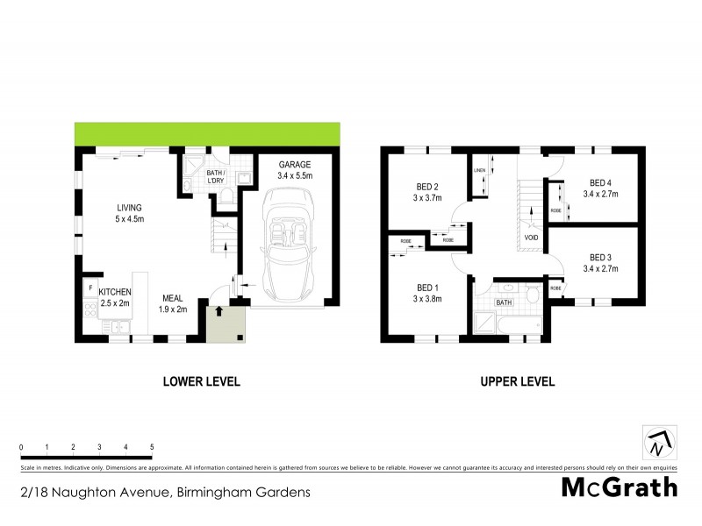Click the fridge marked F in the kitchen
coord(90,286)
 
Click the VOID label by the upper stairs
coord(530,237)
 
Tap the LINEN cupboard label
coord(480,170)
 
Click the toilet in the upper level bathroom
coord(532,295)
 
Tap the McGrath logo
coord(619,487)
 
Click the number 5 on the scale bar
coord(152,447)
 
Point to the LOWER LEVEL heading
coord(201,381)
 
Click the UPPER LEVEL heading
coord(516,381)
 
